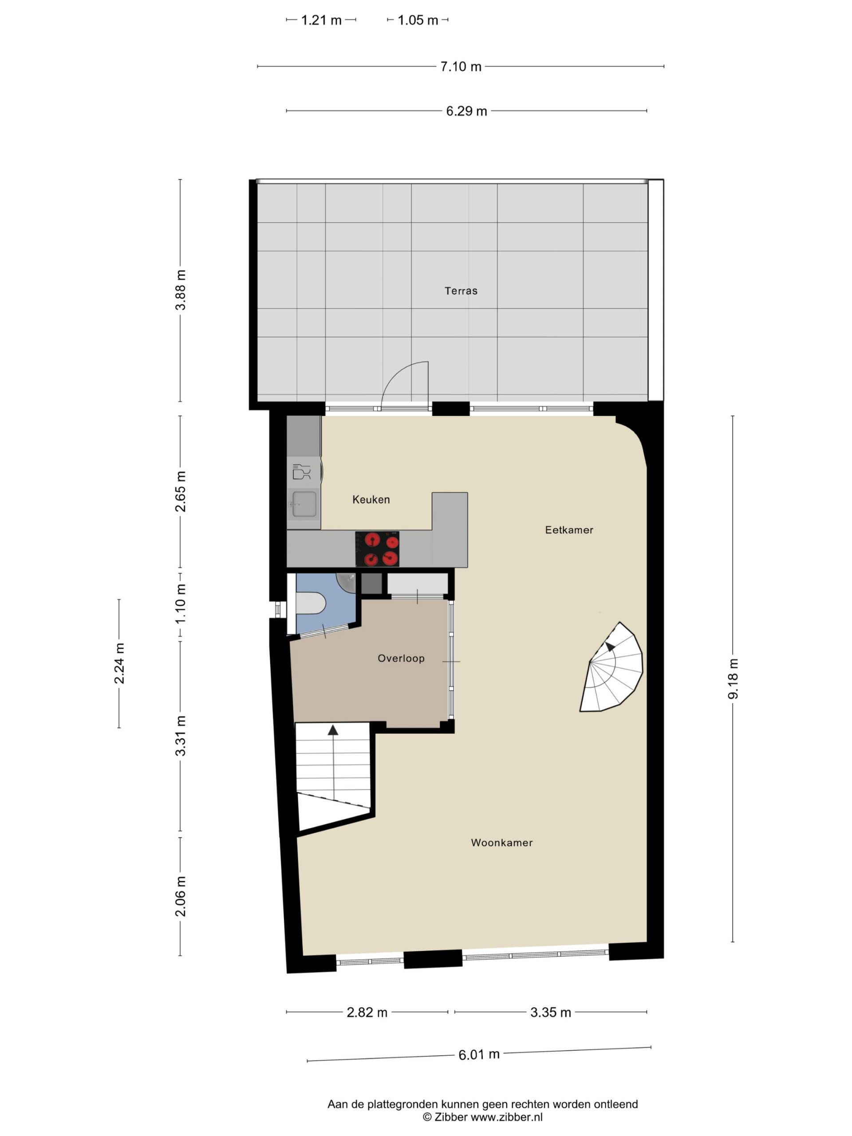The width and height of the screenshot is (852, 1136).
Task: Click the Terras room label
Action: point(461,291)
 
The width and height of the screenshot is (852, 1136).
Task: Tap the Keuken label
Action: point(371,499)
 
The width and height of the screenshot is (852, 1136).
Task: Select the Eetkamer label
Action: point(569,529)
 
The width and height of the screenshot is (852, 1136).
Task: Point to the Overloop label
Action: point(401,658)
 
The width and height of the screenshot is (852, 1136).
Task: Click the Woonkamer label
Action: point(502,842)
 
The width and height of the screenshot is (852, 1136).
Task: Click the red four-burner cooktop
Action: point(378,549)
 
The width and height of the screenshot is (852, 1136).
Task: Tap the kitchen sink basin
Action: point(304,504)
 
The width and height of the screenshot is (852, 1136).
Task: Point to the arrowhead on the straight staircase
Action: point(333,730)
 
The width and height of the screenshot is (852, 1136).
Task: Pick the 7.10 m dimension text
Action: point(461,67)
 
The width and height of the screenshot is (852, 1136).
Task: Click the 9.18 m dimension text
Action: point(733,678)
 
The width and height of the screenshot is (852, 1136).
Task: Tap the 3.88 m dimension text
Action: point(180,290)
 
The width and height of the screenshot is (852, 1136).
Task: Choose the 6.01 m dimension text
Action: point(479,1054)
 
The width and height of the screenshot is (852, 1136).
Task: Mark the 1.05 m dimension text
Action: point(418,20)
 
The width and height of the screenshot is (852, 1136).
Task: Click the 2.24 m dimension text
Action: point(119,663)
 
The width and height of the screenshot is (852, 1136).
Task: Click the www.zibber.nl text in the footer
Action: point(506,1117)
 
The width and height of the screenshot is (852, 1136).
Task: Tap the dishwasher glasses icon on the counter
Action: point(301,471)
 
